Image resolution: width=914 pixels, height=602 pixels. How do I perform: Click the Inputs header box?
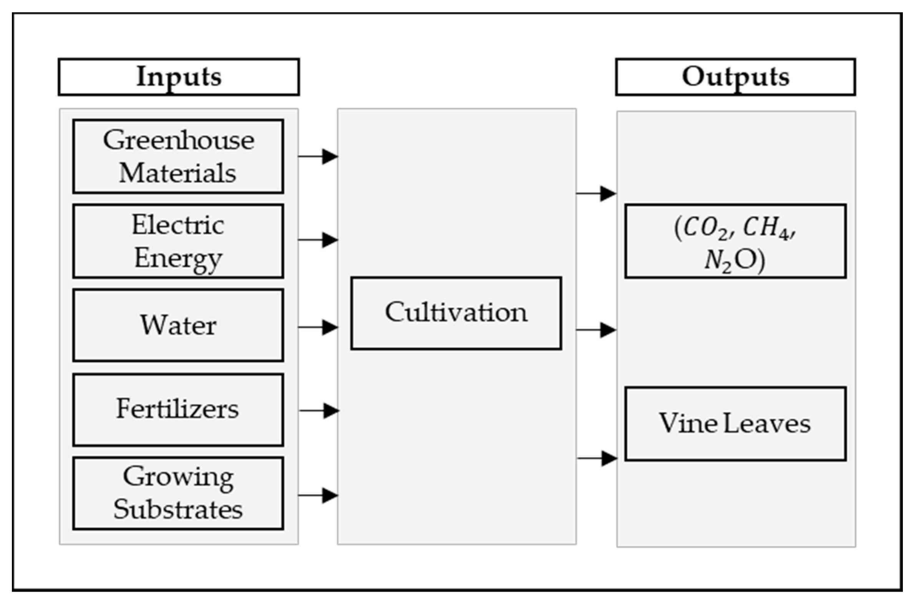179,77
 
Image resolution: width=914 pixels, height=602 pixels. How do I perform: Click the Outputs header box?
735,77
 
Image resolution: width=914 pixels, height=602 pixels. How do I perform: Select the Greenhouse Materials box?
178,156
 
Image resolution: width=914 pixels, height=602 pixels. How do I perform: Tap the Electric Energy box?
178,241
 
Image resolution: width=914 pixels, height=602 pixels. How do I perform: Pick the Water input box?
178,325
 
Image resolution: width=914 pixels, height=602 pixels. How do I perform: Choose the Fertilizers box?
178,410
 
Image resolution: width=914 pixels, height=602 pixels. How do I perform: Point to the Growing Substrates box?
178,493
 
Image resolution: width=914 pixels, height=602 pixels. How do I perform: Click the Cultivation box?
456,313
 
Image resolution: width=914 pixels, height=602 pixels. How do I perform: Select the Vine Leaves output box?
735,423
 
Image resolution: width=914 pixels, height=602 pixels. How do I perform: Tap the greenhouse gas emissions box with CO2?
735,241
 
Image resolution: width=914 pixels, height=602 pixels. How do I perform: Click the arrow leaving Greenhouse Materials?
318,156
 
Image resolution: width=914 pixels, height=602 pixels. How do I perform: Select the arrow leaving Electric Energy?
318,240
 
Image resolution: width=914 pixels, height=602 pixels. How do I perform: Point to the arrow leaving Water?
318,327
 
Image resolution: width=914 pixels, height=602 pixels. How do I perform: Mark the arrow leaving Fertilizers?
319,411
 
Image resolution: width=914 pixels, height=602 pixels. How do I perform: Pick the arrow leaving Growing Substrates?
318,495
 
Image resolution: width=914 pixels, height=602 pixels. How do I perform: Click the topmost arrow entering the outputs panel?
596,194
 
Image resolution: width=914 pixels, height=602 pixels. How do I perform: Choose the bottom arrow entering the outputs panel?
597,458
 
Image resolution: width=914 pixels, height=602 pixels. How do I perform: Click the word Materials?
177,173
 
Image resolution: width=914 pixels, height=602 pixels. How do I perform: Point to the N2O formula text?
734,260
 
